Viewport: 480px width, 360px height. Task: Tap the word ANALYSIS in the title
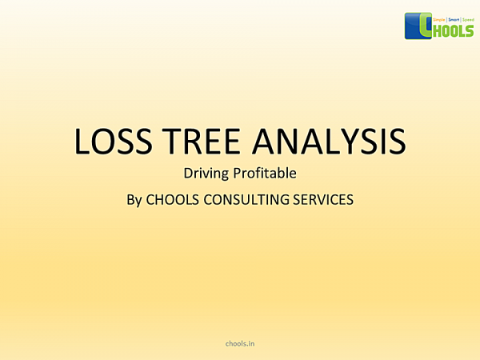pos(330,141)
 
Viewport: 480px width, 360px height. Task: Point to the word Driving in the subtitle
pos(205,172)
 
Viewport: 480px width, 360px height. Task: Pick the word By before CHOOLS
pos(134,199)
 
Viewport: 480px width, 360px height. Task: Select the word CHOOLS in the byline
pos(170,199)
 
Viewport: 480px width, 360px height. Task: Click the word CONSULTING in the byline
pos(246,199)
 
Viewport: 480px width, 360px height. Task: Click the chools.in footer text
pos(240,342)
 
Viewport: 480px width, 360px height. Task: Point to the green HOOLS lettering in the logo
pos(451,28)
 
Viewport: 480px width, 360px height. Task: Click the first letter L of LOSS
pos(83,141)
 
